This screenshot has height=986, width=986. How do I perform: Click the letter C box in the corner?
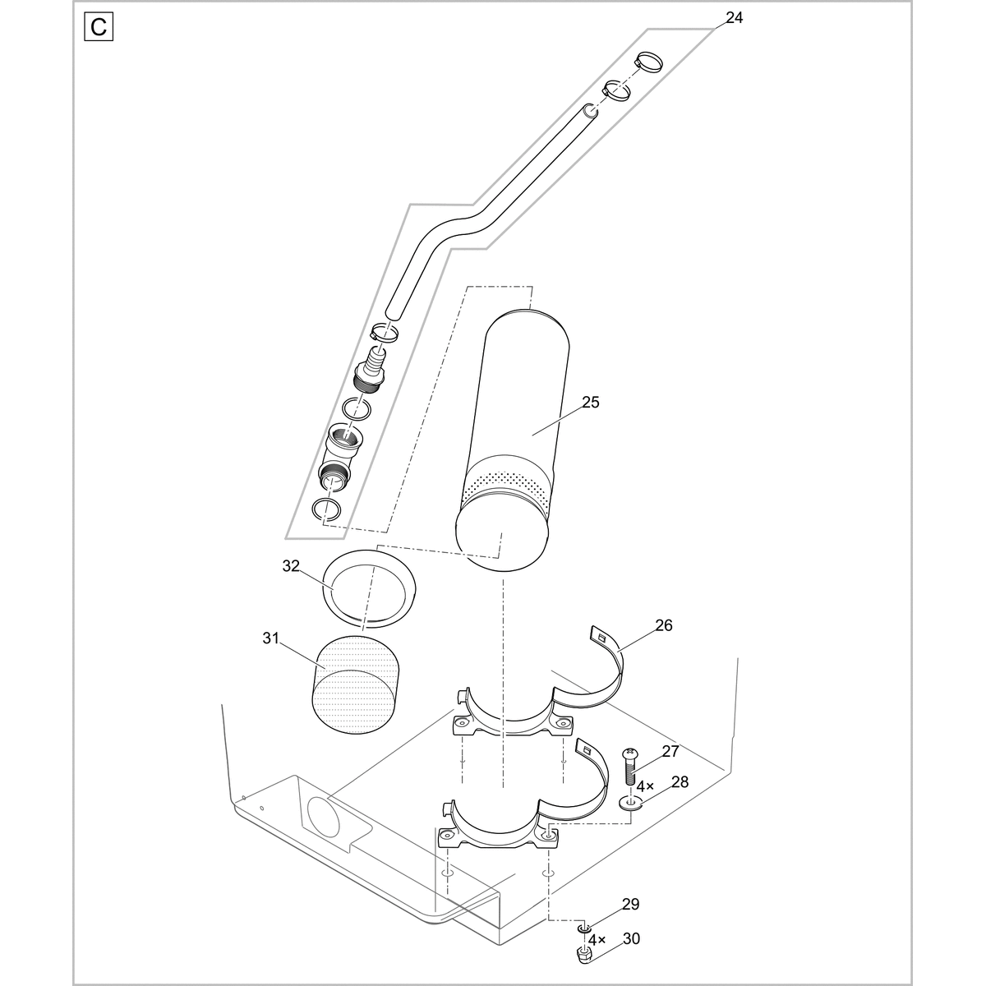tap(99, 27)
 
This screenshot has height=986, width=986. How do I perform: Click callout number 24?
tap(734, 17)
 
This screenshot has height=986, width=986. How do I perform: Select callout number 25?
tap(590, 403)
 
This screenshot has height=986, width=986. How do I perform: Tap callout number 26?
tap(663, 625)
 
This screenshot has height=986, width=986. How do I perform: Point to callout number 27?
tap(670, 751)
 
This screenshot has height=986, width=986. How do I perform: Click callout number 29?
tap(630, 905)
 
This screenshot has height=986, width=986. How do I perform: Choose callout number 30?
tap(631, 938)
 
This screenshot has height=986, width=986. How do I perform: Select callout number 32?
tap(291, 566)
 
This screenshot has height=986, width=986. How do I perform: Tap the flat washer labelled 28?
tap(631, 802)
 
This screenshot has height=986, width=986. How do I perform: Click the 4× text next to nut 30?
tap(597, 939)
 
